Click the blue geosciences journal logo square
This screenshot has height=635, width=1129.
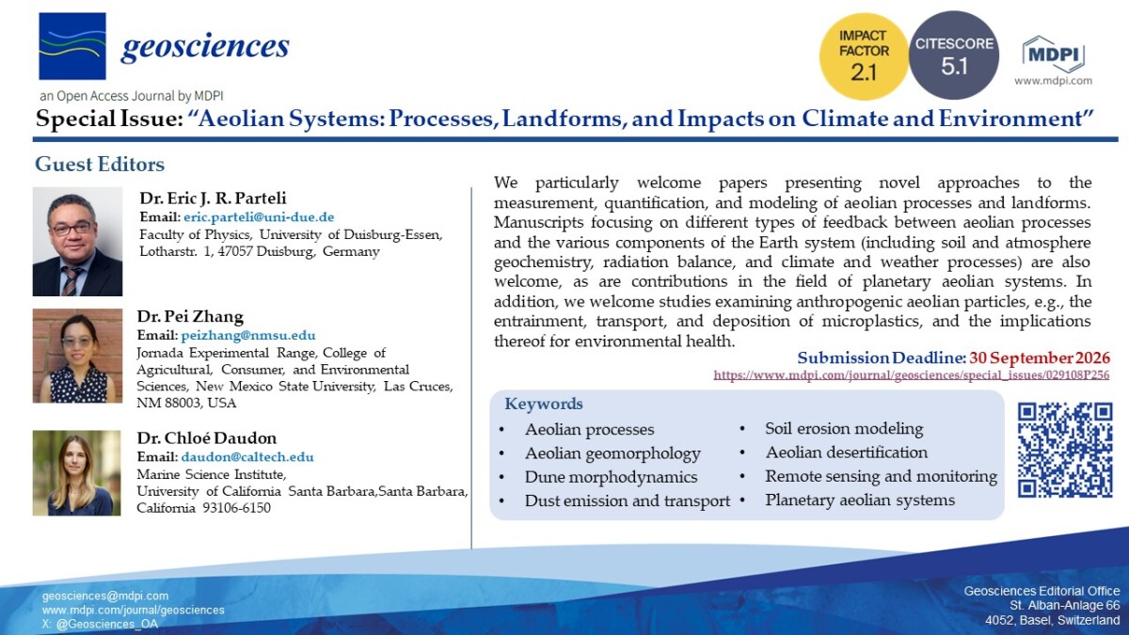(x=72, y=46)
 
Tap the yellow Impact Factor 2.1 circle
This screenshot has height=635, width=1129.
(x=864, y=56)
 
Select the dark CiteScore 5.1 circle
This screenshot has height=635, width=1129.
(x=954, y=55)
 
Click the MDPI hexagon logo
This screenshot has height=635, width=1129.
(x=1053, y=54)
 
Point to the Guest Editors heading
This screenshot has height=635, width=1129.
(x=100, y=165)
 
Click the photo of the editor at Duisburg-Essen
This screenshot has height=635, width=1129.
(x=77, y=242)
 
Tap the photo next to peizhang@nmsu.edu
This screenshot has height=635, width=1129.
(x=77, y=356)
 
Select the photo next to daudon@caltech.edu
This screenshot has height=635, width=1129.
(x=76, y=472)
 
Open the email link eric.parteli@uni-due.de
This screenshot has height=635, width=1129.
(x=259, y=217)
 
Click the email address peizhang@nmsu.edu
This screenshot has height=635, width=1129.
(x=248, y=335)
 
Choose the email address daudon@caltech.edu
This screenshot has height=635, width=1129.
(x=246, y=456)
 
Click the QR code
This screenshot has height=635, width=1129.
(x=1065, y=450)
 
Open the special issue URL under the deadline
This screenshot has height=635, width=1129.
(x=912, y=375)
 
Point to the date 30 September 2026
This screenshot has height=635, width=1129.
(x=1040, y=357)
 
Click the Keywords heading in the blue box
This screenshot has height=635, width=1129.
(x=544, y=404)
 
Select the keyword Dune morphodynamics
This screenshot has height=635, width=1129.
(x=611, y=477)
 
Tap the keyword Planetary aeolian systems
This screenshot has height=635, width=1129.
(x=860, y=500)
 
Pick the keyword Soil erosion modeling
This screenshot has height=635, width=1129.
(x=844, y=428)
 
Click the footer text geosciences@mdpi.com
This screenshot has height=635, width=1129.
(x=105, y=595)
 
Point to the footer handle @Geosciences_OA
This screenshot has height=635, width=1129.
(x=107, y=624)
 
